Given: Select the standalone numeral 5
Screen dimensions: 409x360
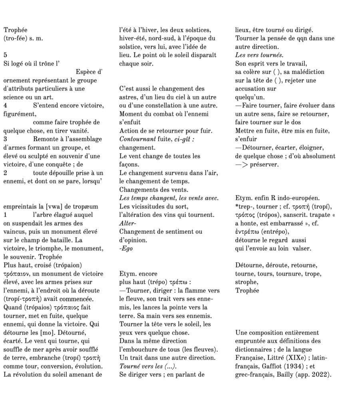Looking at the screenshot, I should point(5,55).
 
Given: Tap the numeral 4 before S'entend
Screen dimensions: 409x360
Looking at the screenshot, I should point(5,105).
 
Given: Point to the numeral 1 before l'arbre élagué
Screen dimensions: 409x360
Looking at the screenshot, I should point(5,215).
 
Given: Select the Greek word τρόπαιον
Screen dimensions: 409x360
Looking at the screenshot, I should point(16,274).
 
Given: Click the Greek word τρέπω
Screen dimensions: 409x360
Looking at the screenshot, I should point(179,282).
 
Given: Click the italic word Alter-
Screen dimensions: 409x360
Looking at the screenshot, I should point(128,223).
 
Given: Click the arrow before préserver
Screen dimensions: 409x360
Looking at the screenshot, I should point(242,164).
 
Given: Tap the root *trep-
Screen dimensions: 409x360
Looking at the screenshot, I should point(245,206).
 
